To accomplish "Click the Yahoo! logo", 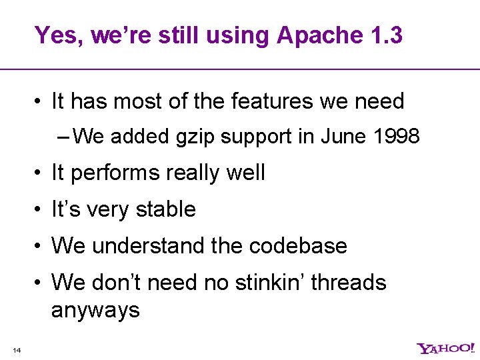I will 445,348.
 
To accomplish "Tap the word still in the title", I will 181,35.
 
